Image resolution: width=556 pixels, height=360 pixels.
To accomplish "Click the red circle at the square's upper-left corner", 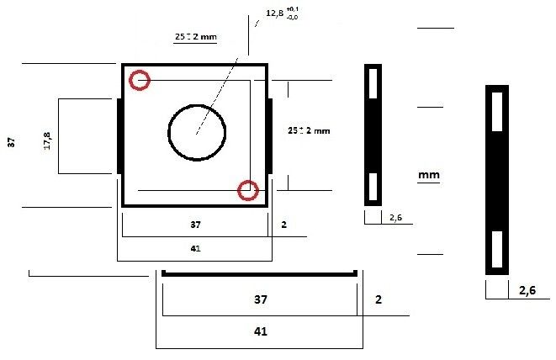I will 140,81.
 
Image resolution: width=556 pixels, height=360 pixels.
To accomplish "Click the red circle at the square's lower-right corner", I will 246,191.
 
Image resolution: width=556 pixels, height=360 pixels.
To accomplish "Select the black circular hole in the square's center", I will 198,132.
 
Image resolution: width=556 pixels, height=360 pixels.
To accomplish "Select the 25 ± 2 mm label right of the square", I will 309,131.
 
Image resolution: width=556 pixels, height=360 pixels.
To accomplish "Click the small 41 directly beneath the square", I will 194,248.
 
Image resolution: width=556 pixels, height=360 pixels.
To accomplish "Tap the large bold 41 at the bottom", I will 260,331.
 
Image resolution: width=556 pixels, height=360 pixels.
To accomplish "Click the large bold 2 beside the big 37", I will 379,299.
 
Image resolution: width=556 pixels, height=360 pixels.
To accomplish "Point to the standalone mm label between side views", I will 429,175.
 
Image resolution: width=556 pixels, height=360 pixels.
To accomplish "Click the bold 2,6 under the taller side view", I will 527,291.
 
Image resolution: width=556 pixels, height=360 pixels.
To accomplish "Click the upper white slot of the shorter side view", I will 372,83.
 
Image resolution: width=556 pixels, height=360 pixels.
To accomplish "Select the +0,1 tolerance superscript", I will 294,8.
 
